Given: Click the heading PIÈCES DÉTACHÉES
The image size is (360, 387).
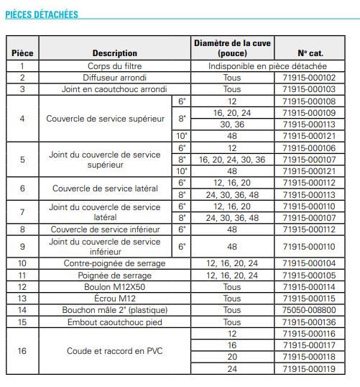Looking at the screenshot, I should [42, 14].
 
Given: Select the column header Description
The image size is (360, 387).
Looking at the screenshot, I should [114, 53].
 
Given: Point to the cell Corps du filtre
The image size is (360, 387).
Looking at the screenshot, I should [114, 65].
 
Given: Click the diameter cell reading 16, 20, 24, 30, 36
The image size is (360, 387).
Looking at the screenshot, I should [231, 160].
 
